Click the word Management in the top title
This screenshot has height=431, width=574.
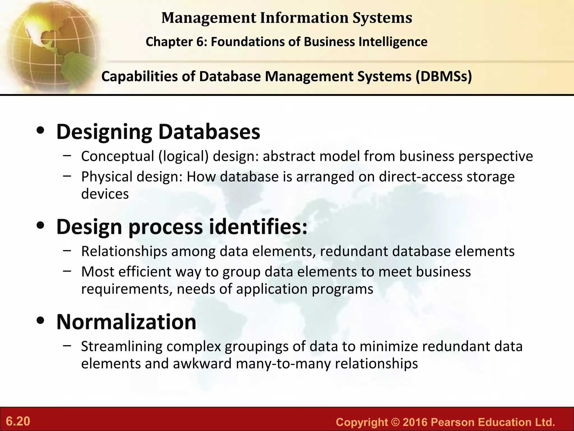tap(208, 18)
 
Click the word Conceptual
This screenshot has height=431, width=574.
tap(118, 156)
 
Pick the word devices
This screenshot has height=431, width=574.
tap(105, 194)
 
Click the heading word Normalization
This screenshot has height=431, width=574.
tap(126, 322)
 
